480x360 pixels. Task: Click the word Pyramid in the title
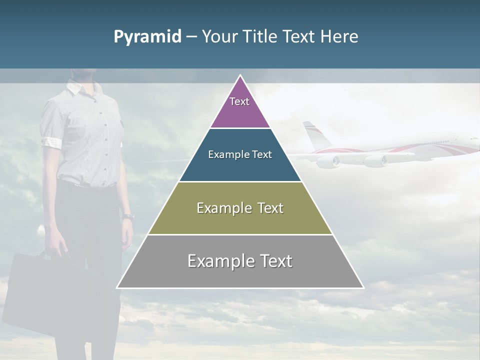tap(147, 37)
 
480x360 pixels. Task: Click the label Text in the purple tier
tap(239, 101)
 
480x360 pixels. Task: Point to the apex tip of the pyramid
tap(240, 76)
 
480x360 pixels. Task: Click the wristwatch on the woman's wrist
tap(128, 216)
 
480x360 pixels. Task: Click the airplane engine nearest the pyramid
tap(329, 161)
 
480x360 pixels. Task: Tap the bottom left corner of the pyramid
tap(117, 287)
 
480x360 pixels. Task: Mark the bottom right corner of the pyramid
tap(363, 287)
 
